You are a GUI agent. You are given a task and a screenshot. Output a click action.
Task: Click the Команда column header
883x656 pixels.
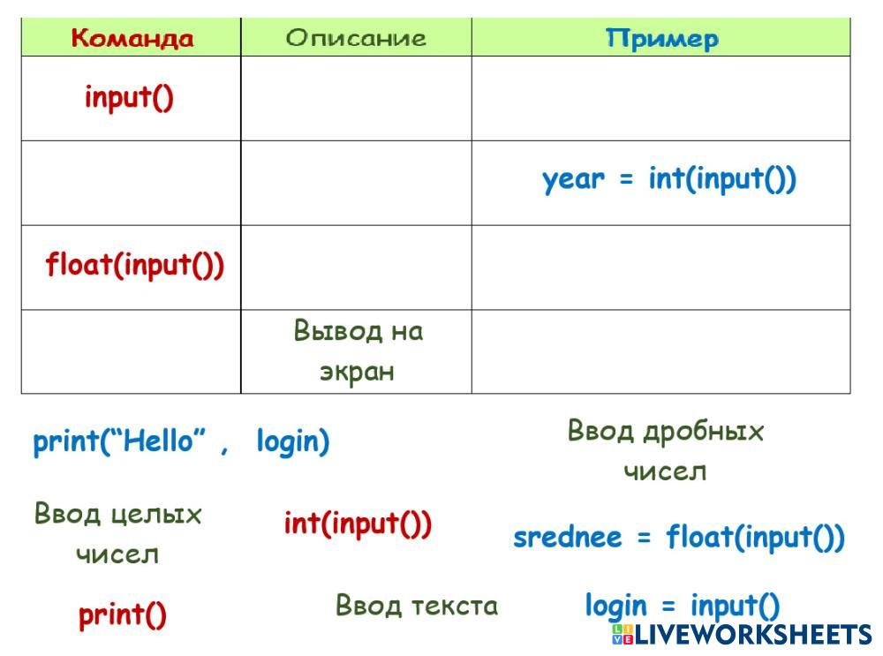[x=132, y=38]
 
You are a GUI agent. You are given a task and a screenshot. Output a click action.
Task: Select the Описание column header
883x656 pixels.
[x=355, y=38]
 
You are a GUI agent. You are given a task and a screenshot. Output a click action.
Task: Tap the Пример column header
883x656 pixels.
[x=661, y=39]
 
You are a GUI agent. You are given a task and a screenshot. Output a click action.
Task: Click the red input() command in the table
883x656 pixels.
[x=129, y=97]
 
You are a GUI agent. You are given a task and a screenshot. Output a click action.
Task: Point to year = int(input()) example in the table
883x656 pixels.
[x=669, y=179]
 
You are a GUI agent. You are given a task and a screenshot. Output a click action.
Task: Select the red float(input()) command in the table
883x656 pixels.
[x=134, y=265]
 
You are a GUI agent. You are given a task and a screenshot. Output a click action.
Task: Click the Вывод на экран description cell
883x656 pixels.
[x=358, y=351]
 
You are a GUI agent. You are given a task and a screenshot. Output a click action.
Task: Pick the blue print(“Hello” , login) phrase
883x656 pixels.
[x=181, y=441]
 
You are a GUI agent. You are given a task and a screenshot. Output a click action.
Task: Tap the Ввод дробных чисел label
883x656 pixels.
[x=665, y=451]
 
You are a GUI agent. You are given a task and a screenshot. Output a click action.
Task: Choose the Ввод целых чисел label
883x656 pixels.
[x=117, y=533]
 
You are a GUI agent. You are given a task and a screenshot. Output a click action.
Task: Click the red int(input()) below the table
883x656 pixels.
[x=358, y=524]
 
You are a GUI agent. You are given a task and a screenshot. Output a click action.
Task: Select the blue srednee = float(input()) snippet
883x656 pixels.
[x=678, y=537]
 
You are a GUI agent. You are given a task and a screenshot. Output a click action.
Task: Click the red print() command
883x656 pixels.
[x=122, y=615]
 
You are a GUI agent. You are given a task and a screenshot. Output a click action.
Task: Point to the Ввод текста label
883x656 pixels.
[x=417, y=606]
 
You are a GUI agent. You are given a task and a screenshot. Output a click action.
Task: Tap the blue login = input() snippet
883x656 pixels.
[x=683, y=607]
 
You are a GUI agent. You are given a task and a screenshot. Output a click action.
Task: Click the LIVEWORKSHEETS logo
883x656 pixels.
[x=742, y=635]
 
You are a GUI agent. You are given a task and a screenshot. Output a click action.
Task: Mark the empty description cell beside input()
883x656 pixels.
[x=356, y=99]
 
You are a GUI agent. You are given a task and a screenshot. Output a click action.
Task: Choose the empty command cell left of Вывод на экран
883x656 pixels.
[x=131, y=351]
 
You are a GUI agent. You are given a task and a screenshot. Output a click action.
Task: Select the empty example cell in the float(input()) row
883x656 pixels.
[x=660, y=268]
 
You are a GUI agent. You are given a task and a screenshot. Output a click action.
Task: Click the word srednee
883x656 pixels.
[x=568, y=538]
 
